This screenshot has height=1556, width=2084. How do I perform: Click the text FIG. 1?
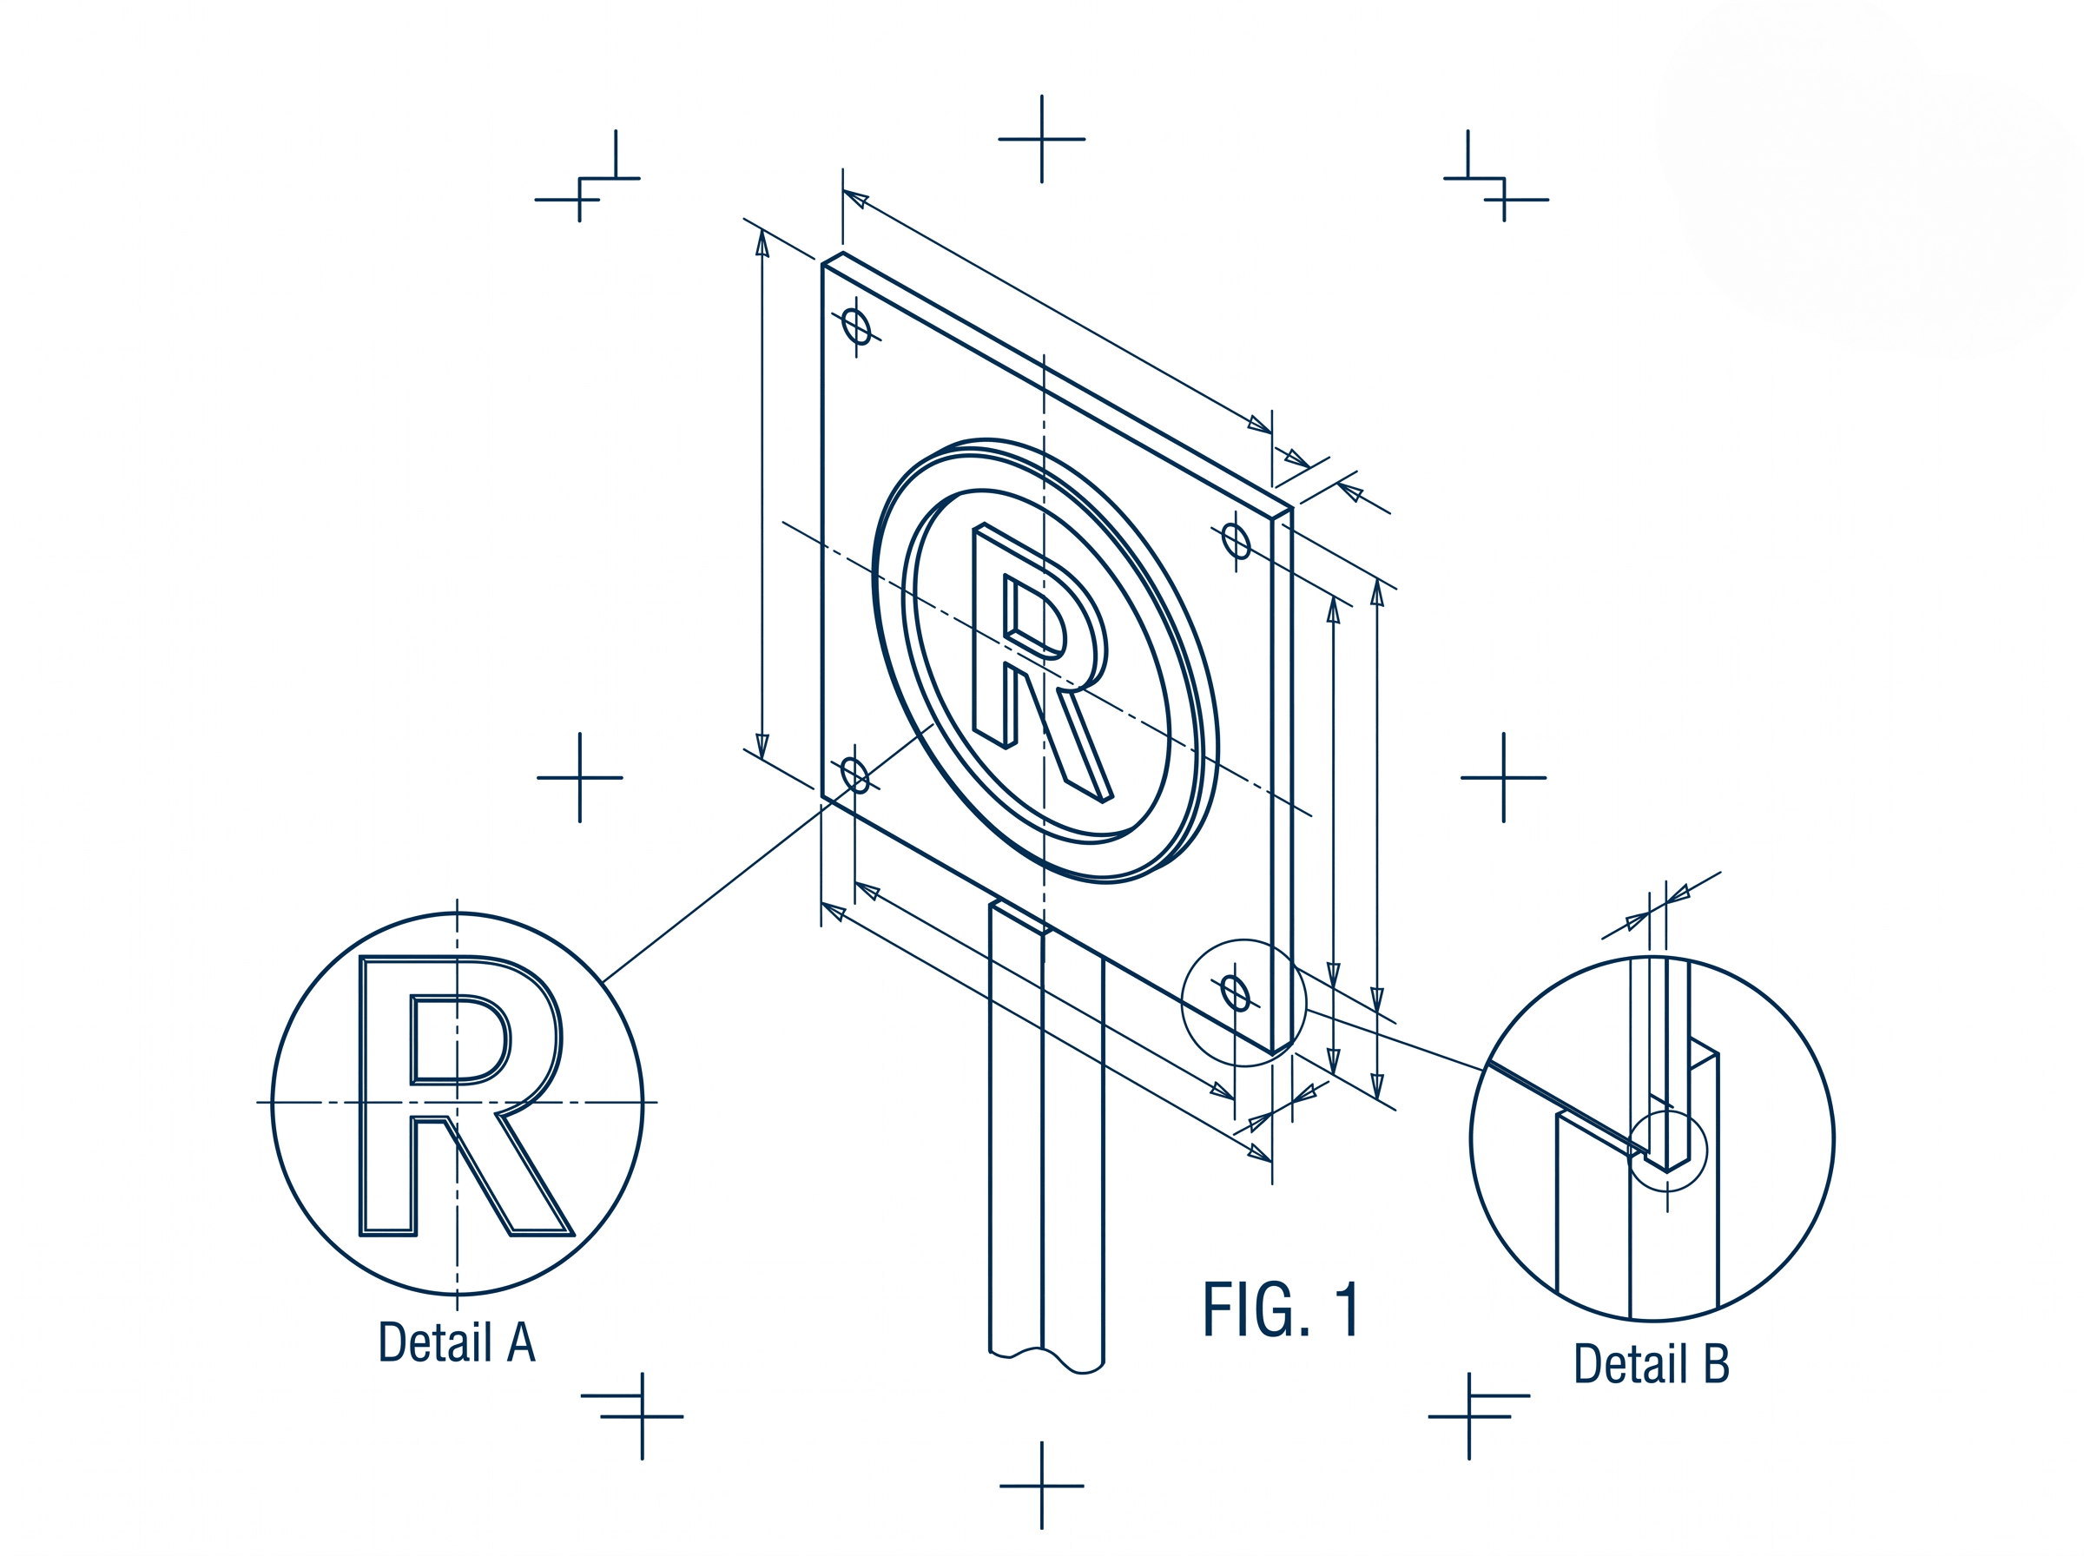pyautogui.click(x=1281, y=1309)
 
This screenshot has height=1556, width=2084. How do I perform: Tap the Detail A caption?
pyautogui.click(x=457, y=1342)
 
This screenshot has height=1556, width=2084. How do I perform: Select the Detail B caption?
pyautogui.click(x=1652, y=1363)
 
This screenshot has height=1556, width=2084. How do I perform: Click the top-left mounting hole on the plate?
pyautogui.click(x=856, y=326)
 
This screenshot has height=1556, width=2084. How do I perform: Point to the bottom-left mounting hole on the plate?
pyautogui.click(x=854, y=775)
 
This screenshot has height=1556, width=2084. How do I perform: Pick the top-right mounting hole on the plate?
pyautogui.click(x=1236, y=542)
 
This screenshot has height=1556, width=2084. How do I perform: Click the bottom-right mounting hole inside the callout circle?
pyautogui.click(x=1235, y=993)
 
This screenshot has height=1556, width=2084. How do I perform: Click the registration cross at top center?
pyautogui.click(x=1041, y=140)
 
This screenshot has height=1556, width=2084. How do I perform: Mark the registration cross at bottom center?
pyautogui.click(x=1041, y=1486)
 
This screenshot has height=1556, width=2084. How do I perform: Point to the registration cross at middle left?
pyautogui.click(x=579, y=778)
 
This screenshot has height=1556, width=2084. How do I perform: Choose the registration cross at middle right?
pyautogui.click(x=1503, y=778)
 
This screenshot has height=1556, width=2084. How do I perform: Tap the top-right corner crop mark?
pyautogui.click(x=1503, y=179)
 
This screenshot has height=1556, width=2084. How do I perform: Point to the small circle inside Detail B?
pyautogui.click(x=1667, y=1150)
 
